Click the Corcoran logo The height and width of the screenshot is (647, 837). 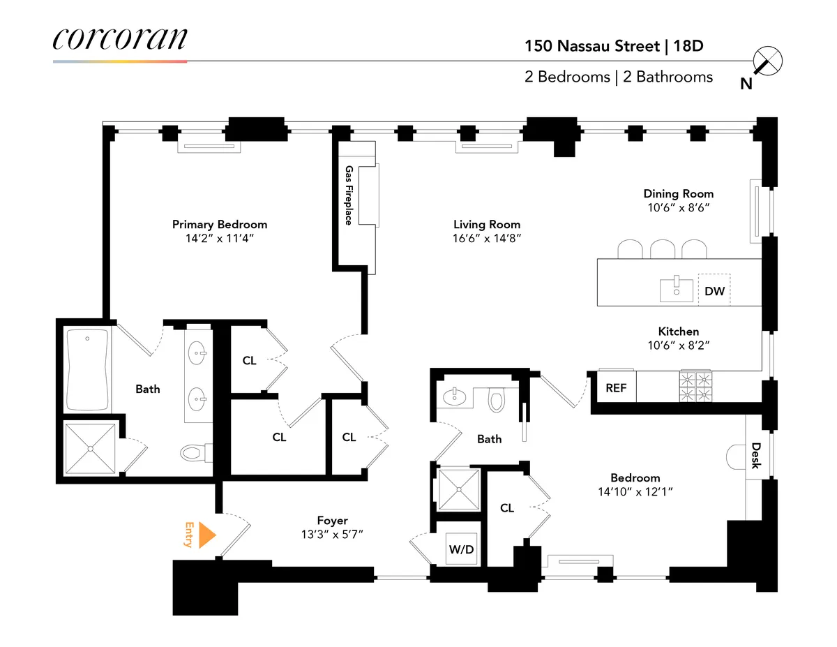pos(120,39)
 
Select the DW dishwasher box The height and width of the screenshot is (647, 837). pos(714,290)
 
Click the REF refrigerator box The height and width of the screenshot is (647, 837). pos(615,388)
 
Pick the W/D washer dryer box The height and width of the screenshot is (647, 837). pos(460,549)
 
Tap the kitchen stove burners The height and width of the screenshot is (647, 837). pos(695,386)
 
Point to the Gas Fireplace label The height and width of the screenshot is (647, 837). pos(348,195)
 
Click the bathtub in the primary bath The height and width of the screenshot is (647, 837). pos(87,370)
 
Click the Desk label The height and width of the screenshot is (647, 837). pos(755,455)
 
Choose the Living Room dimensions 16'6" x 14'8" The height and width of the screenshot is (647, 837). pos(487,238)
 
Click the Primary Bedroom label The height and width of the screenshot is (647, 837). pos(220,224)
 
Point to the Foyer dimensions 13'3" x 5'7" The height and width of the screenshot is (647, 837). pos(332,534)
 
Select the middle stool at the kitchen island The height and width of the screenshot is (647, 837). pos(663,249)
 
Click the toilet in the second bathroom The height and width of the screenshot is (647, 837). pos(497,400)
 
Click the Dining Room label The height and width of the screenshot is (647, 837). pos(678,193)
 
